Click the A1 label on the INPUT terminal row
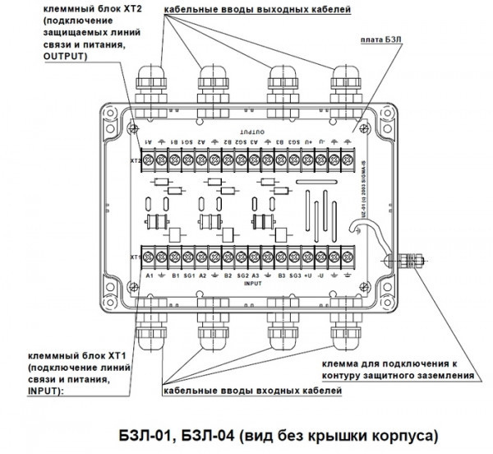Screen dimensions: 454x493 click(x=150, y=276)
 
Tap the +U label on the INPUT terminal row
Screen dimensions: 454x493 click(x=307, y=276)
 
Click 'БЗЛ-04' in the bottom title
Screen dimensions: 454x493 click(x=220, y=433)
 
